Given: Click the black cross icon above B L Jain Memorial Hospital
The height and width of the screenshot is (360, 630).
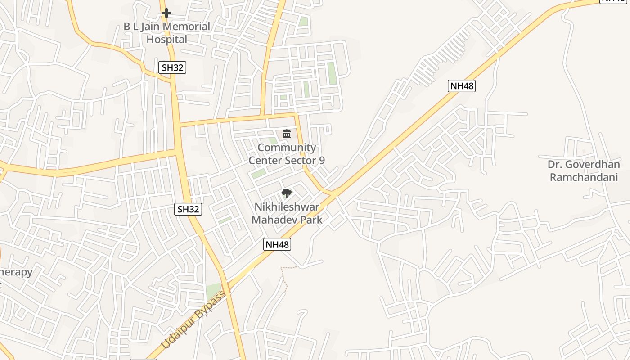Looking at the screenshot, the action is click(166, 13).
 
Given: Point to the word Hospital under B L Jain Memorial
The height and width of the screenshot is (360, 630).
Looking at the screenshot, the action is click(166, 40).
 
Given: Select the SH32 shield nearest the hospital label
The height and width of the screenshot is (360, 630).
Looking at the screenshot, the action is click(173, 68).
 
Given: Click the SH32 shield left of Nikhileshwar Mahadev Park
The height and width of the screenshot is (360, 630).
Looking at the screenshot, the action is click(188, 209).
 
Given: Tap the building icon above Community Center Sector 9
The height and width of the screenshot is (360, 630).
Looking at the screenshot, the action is click(287, 134).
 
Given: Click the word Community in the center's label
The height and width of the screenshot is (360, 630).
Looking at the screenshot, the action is click(287, 148).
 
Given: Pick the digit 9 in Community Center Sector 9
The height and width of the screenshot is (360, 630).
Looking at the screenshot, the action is click(321, 161).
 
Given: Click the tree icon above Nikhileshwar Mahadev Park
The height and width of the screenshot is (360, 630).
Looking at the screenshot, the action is click(286, 194).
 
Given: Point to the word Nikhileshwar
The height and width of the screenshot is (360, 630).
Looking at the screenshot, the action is click(287, 207).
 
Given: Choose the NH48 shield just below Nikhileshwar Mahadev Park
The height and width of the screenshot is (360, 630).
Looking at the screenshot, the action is click(277, 244).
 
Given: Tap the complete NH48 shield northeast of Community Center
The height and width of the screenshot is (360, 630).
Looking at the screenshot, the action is click(462, 86).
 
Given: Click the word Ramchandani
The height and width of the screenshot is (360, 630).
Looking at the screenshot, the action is click(584, 177).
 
